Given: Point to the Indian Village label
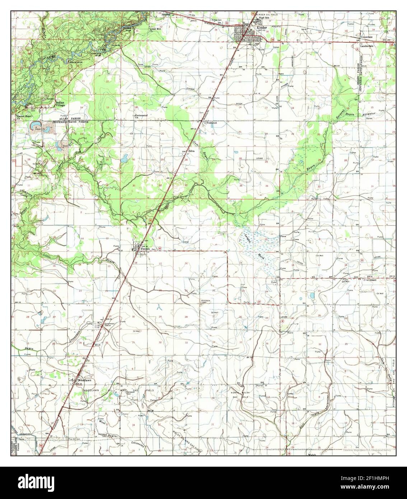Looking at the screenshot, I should point(60,104).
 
